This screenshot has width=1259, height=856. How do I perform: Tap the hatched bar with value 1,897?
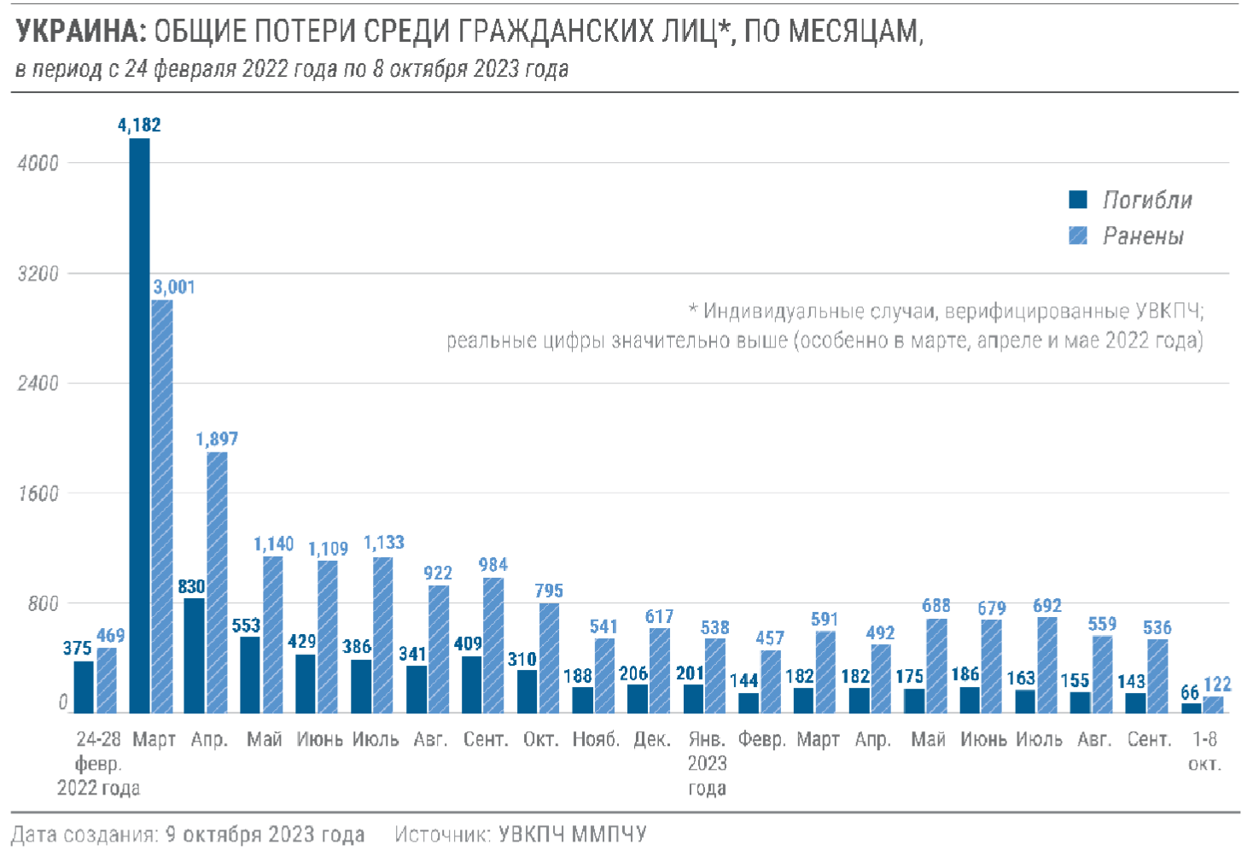click(x=217, y=582)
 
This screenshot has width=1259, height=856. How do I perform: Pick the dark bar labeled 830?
click(x=195, y=655)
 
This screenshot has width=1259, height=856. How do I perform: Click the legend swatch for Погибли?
click(x=1078, y=200)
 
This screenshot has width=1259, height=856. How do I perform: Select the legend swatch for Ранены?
click(x=1078, y=236)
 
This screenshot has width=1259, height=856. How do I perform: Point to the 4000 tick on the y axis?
click(x=38, y=163)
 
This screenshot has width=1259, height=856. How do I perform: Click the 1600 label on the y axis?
click(x=38, y=494)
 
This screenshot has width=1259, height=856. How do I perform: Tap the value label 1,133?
click(x=383, y=543)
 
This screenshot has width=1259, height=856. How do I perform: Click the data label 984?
click(x=493, y=565)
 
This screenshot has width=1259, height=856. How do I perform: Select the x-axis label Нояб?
click(x=596, y=740)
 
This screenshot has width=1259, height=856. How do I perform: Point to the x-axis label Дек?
click(x=651, y=740)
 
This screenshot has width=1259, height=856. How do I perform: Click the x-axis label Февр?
click(x=761, y=740)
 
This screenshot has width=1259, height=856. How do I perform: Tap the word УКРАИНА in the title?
click(x=81, y=32)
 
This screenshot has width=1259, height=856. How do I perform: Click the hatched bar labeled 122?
click(x=1213, y=705)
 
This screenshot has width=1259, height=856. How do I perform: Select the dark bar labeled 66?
click(x=1191, y=708)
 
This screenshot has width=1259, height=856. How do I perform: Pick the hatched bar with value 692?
click(x=1047, y=665)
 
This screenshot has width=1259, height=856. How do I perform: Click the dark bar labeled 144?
click(x=749, y=703)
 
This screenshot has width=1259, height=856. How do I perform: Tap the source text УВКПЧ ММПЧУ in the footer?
click(x=572, y=834)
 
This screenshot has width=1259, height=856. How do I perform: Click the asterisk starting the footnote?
click(x=693, y=309)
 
